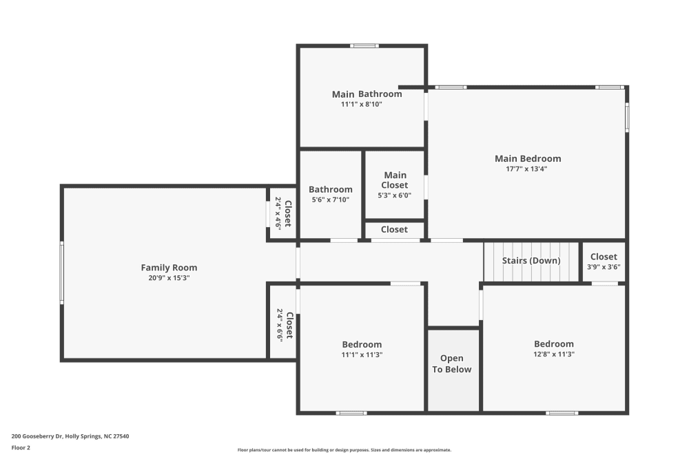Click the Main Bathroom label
[x=367, y=94]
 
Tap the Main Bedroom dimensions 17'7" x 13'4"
[x=528, y=169]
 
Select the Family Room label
[x=169, y=268]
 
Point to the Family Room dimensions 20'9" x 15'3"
[x=169, y=278]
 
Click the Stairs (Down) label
[x=531, y=261]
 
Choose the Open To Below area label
[x=452, y=364]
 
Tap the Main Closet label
[x=395, y=180]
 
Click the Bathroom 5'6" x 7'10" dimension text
[x=330, y=200]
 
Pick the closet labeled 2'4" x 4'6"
[x=283, y=213]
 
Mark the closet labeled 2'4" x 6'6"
[x=284, y=325]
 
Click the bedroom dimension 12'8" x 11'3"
[x=554, y=354]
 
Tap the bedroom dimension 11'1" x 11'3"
[x=362, y=354]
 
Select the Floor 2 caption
[x=21, y=447]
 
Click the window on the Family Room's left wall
[x=62, y=273]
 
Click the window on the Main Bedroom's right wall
[x=627, y=117]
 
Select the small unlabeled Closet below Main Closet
[x=394, y=230]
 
